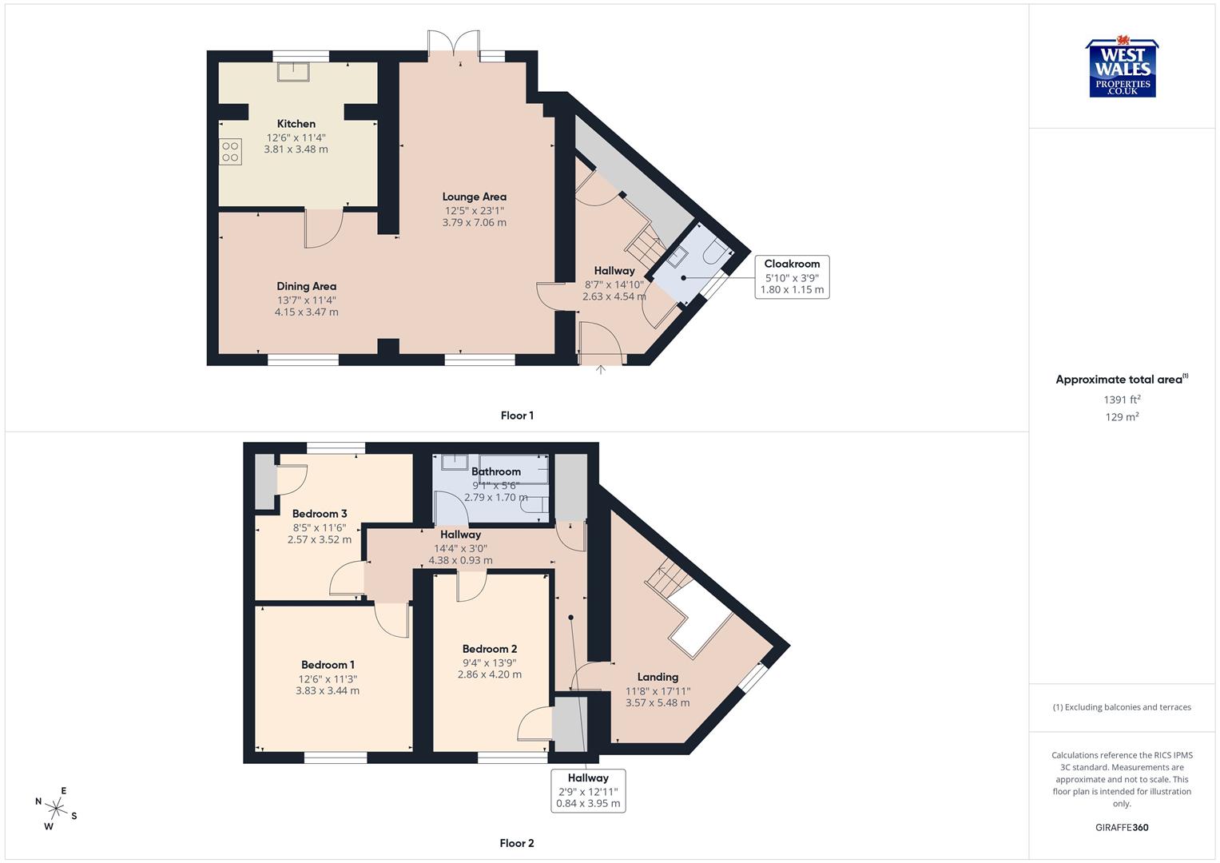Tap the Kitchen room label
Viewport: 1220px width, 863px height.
(296, 124)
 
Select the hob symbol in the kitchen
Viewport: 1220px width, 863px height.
(231, 152)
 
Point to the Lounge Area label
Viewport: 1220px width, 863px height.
(474, 197)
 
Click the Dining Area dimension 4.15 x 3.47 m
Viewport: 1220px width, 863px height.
(306, 312)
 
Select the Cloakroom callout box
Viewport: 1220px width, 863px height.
(792, 276)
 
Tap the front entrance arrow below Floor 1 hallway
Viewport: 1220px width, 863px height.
(601, 369)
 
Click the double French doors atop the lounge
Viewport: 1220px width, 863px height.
(454, 43)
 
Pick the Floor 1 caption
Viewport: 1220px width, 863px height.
(517, 416)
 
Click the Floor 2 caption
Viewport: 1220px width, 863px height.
(517, 843)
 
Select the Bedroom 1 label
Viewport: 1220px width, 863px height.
(328, 665)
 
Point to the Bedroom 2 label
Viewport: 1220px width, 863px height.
(490, 649)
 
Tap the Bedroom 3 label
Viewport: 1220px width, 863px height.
(320, 514)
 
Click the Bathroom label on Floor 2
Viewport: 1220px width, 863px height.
(495, 471)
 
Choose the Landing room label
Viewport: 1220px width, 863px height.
(658, 677)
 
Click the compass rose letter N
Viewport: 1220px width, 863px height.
(38, 801)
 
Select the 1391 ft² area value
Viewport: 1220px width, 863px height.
(1122, 400)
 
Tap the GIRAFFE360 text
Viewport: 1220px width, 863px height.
(1122, 827)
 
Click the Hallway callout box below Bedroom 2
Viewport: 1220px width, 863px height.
(588, 790)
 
